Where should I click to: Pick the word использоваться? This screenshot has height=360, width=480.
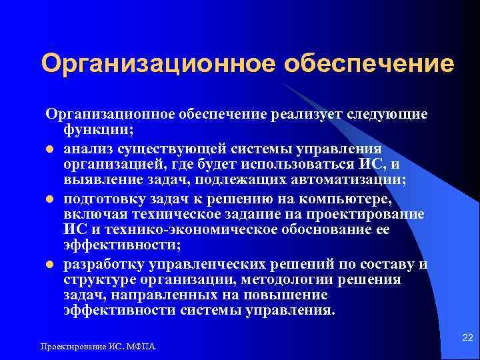(292, 164)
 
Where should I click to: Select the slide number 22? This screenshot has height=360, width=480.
(466, 339)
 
